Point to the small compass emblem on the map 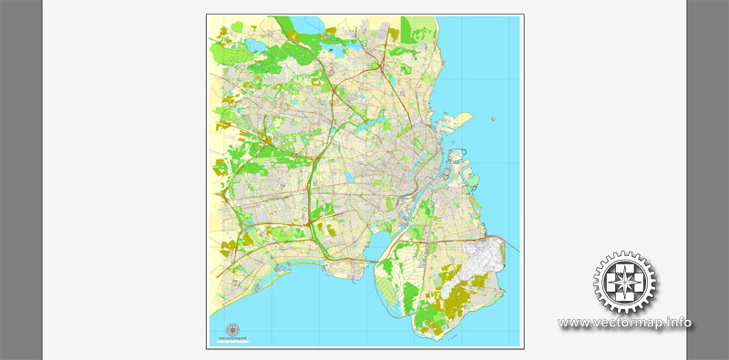pos(231,329)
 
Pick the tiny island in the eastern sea pos(492,117)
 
